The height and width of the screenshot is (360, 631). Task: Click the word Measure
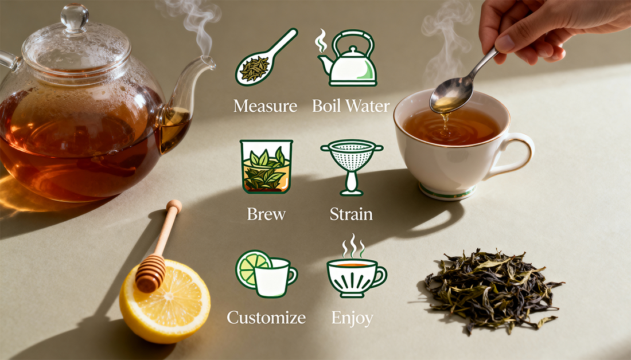(x=265, y=106)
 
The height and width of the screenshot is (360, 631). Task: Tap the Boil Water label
(x=351, y=106)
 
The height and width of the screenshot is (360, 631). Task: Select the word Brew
(x=266, y=214)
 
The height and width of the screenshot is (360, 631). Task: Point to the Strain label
(x=351, y=214)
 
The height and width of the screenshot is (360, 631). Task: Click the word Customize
(x=266, y=318)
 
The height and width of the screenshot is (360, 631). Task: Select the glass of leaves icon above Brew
(x=266, y=166)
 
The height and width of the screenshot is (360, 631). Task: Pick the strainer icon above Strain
(x=351, y=166)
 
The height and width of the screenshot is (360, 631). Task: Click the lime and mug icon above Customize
(x=266, y=273)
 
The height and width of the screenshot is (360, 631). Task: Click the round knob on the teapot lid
(x=75, y=16)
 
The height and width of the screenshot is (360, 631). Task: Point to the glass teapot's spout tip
(x=209, y=60)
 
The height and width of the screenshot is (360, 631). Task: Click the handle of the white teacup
(x=515, y=155)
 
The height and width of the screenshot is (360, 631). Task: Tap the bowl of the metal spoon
(x=451, y=95)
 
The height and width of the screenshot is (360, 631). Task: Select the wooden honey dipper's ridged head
(x=150, y=273)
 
